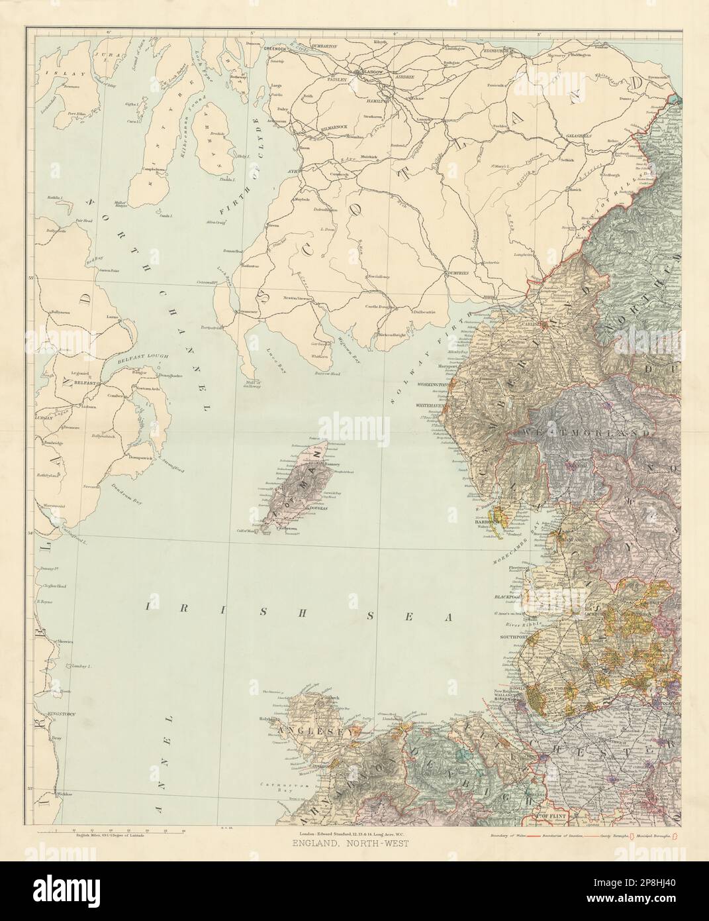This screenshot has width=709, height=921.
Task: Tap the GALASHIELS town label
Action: pyautogui.click(x=579, y=136)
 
